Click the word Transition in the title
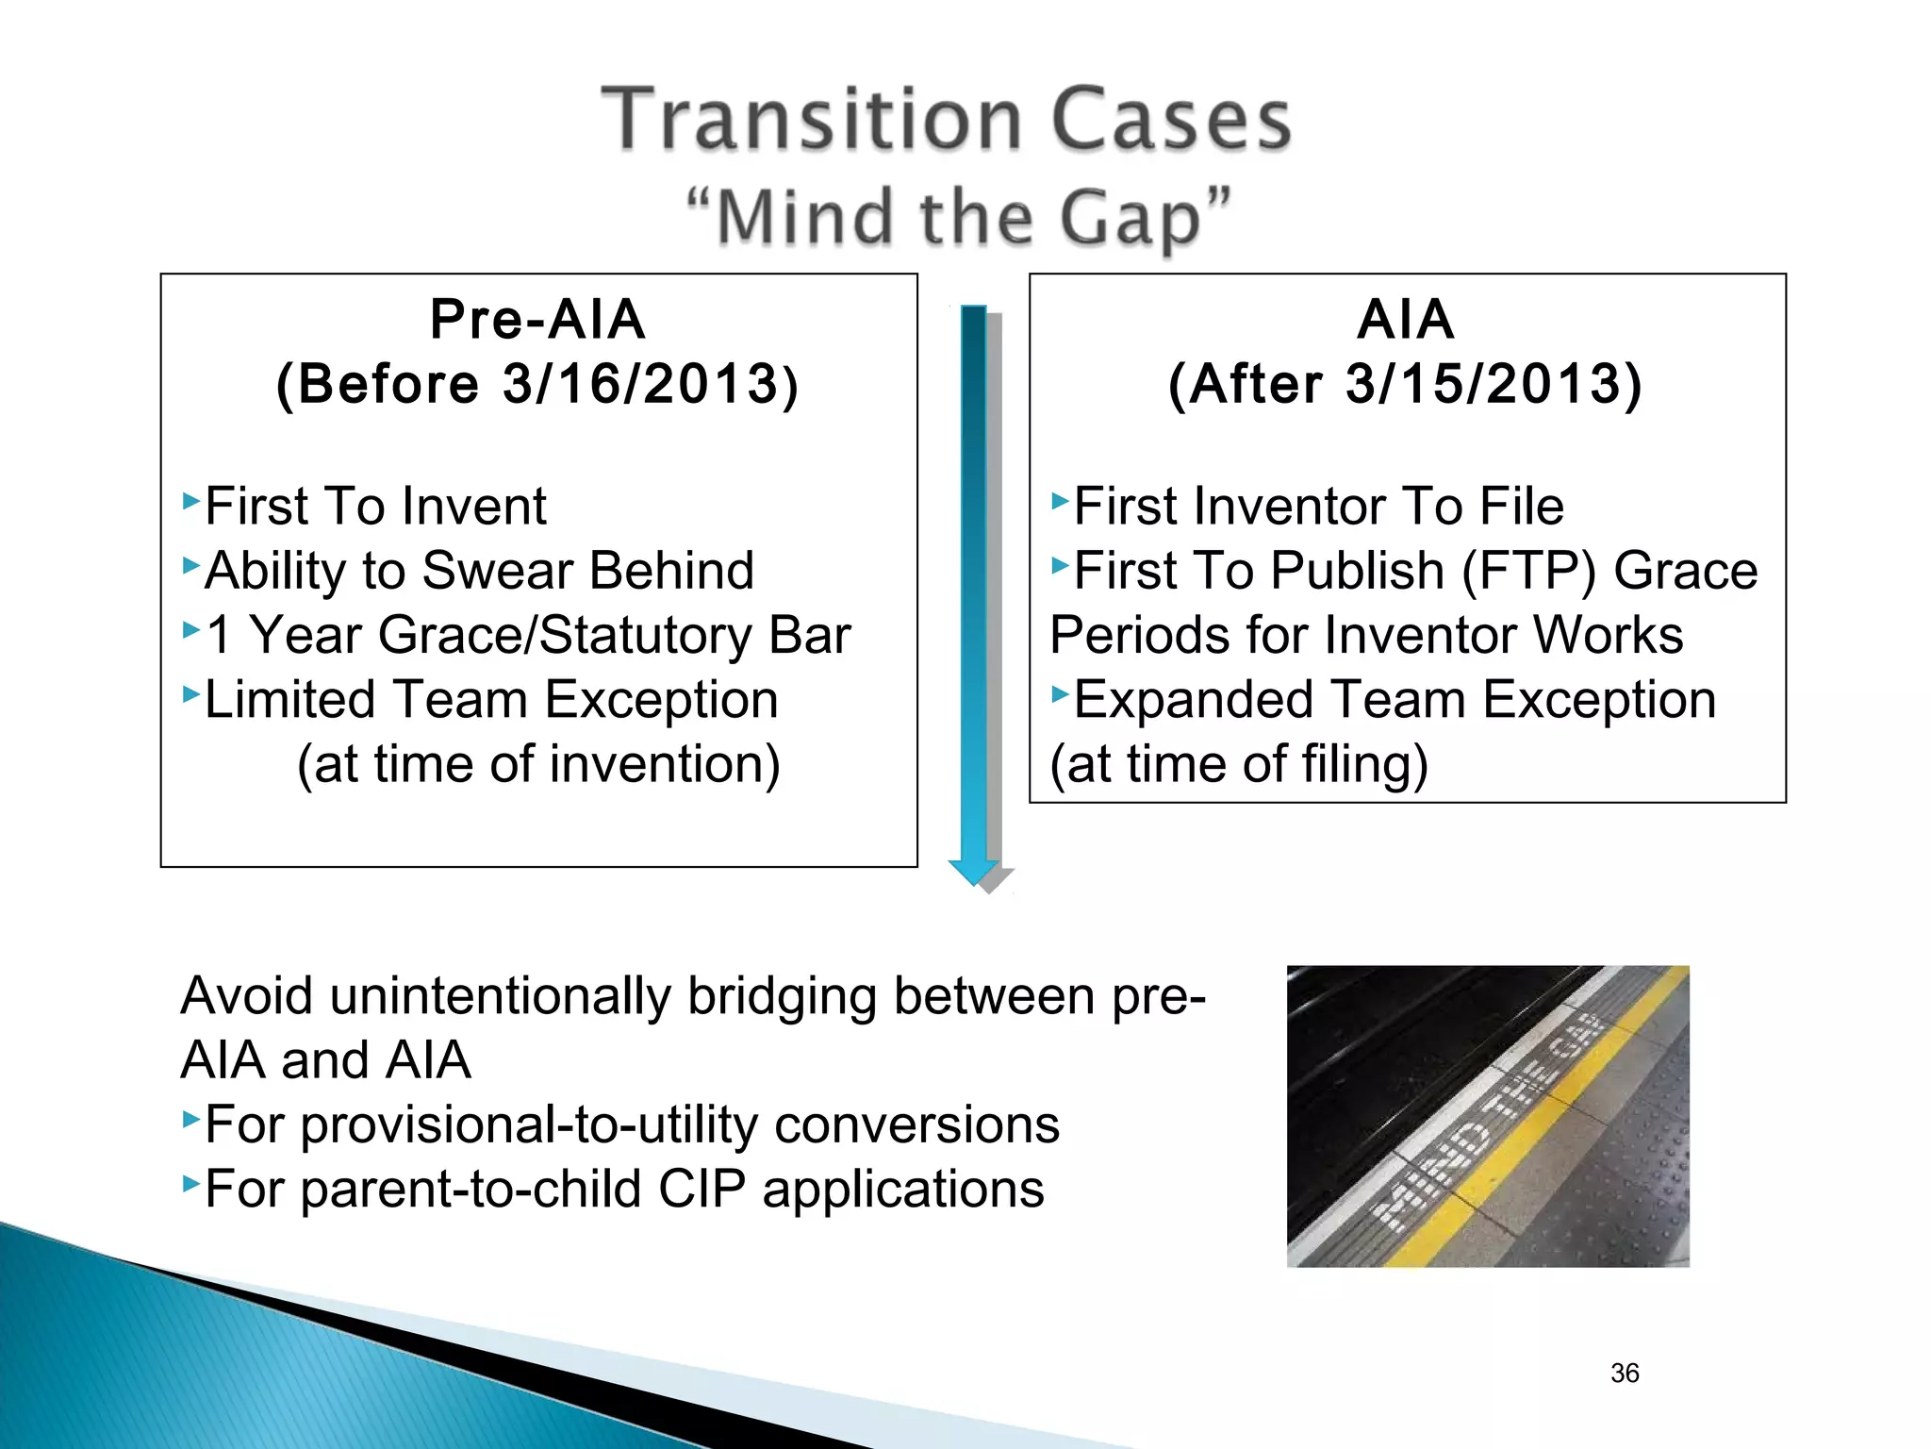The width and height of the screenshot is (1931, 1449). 812,120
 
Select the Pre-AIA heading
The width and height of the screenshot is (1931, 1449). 537,319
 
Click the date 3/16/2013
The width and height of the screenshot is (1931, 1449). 640,384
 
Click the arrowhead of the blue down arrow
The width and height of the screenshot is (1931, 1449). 973,872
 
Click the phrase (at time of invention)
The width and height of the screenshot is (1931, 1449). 538,764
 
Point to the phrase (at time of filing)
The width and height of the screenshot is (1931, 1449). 1239,764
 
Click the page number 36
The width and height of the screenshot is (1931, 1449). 1625,1373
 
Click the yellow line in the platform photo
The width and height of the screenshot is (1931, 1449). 1527,1132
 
